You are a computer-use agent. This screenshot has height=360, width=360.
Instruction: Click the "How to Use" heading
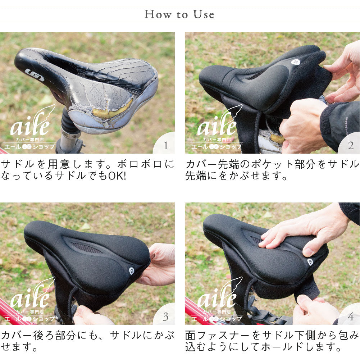point(179,14)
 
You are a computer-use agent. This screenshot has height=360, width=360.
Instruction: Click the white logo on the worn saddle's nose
point(34,75)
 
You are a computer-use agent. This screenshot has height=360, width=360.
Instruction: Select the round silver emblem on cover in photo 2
point(296,62)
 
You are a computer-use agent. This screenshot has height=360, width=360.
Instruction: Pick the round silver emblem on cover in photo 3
point(132,271)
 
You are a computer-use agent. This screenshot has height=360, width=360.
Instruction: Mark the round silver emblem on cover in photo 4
point(310,262)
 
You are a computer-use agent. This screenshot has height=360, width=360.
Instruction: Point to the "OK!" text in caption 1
point(117,176)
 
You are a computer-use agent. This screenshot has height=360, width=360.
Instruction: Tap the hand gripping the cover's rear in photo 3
point(158,264)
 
